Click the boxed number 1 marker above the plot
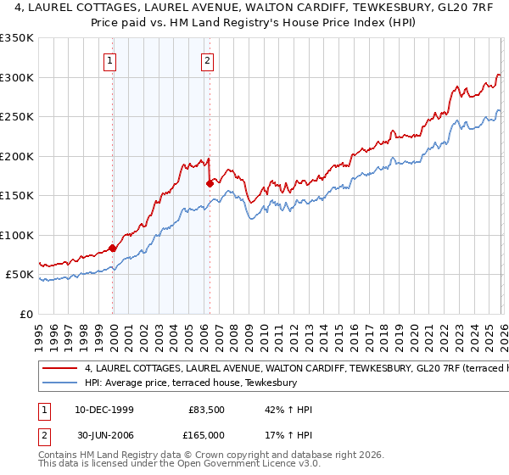pyautogui.click(x=112, y=60)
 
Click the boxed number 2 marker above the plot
pyautogui.click(x=208, y=60)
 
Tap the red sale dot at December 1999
pyautogui.click(x=113, y=249)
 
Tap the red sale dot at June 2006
pyautogui.click(x=210, y=182)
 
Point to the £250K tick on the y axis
pyautogui.click(x=19, y=117)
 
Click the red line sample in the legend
pyautogui.click(x=60, y=369)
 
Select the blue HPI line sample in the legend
pyautogui.click(x=60, y=383)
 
